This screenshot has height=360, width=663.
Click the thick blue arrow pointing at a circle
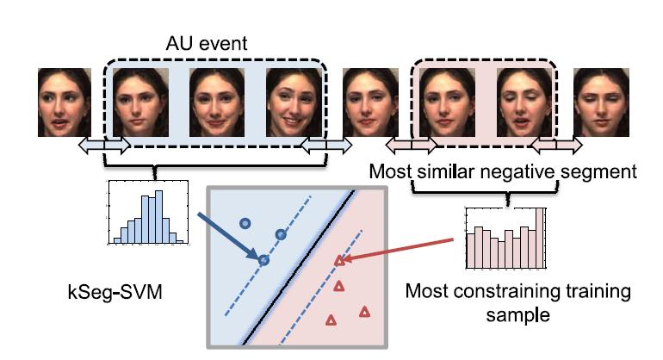227,233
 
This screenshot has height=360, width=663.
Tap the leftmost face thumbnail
64,102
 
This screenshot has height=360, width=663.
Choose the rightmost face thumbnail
599,102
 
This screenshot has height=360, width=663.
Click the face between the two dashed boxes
369,102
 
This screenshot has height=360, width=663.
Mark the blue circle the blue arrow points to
264,259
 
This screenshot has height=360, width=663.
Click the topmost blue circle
245,222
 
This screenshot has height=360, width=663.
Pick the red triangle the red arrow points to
338,261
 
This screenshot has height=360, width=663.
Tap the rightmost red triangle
363,311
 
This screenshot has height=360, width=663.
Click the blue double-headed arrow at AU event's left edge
102,147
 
